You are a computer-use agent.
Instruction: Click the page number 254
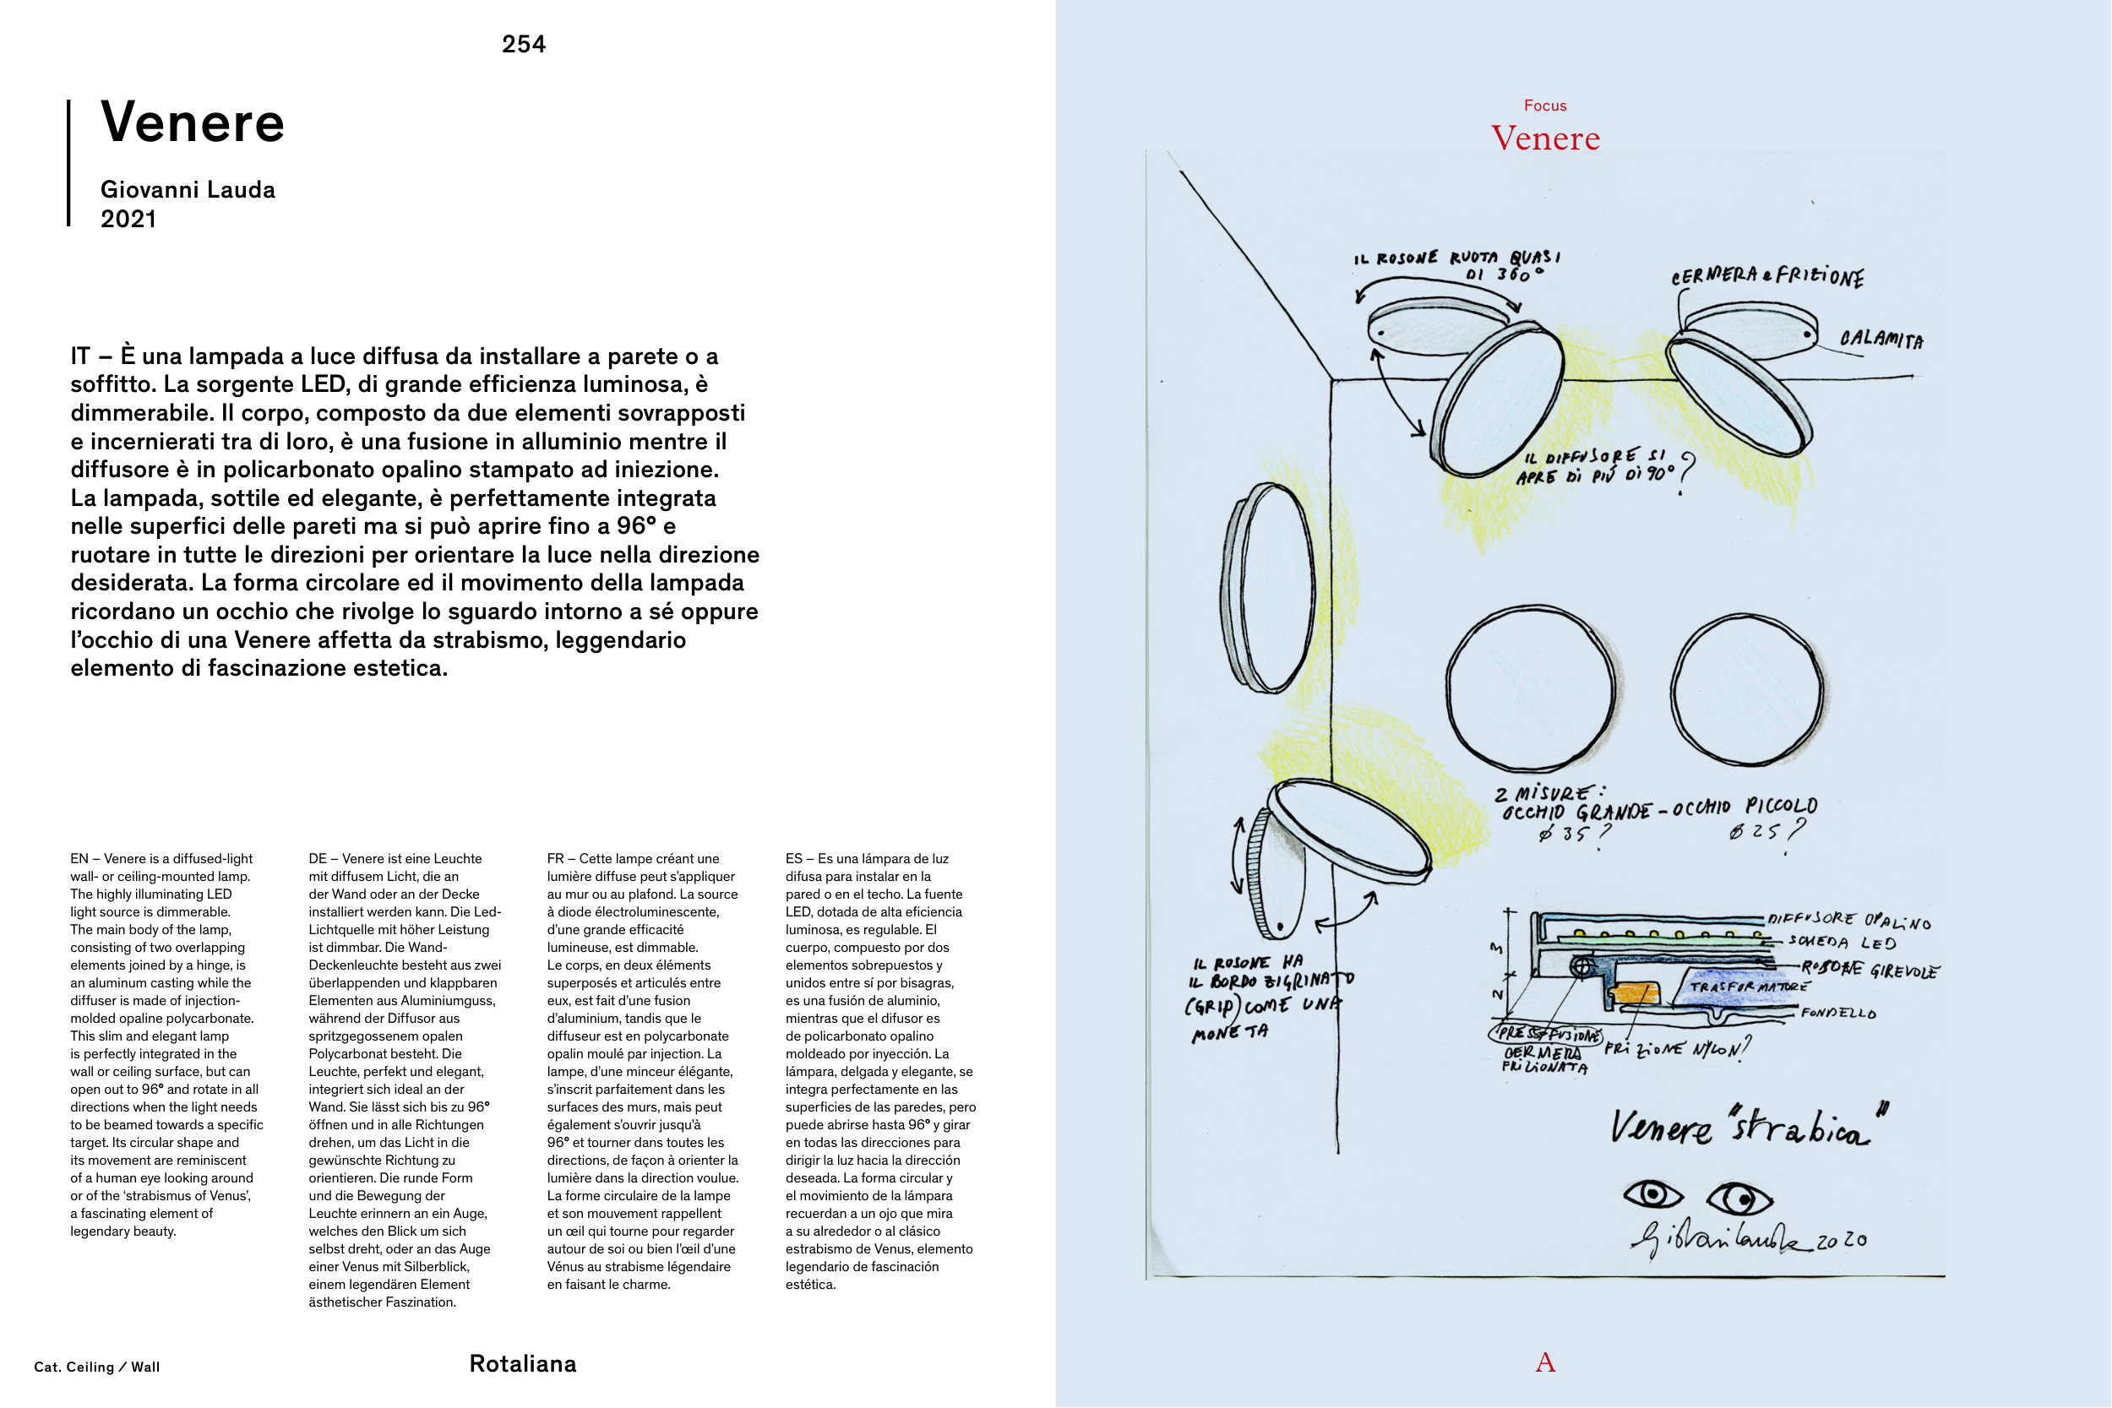tap(524, 44)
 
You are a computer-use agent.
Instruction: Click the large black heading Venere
tap(192, 122)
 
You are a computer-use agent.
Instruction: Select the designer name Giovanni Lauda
tap(188, 189)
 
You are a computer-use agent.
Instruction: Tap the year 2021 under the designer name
tap(128, 219)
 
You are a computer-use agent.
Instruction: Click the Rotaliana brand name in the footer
tap(523, 1364)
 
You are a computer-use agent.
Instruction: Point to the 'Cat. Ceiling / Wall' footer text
tap(97, 1367)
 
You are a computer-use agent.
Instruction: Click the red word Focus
tap(1544, 106)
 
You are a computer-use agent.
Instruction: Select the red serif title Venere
tap(1544, 139)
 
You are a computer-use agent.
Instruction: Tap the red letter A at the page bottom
tap(1544, 1362)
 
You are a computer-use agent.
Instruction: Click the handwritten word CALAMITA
tap(1881, 340)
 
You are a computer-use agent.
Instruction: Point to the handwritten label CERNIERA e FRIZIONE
tap(1766, 276)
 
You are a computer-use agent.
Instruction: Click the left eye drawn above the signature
tap(1653, 1194)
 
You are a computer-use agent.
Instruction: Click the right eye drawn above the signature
tap(1739, 1199)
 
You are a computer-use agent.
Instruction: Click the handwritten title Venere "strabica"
tap(1746, 1127)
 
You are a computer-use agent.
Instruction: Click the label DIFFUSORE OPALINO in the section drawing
tap(1848, 920)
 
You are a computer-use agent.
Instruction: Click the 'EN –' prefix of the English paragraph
tap(84, 859)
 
